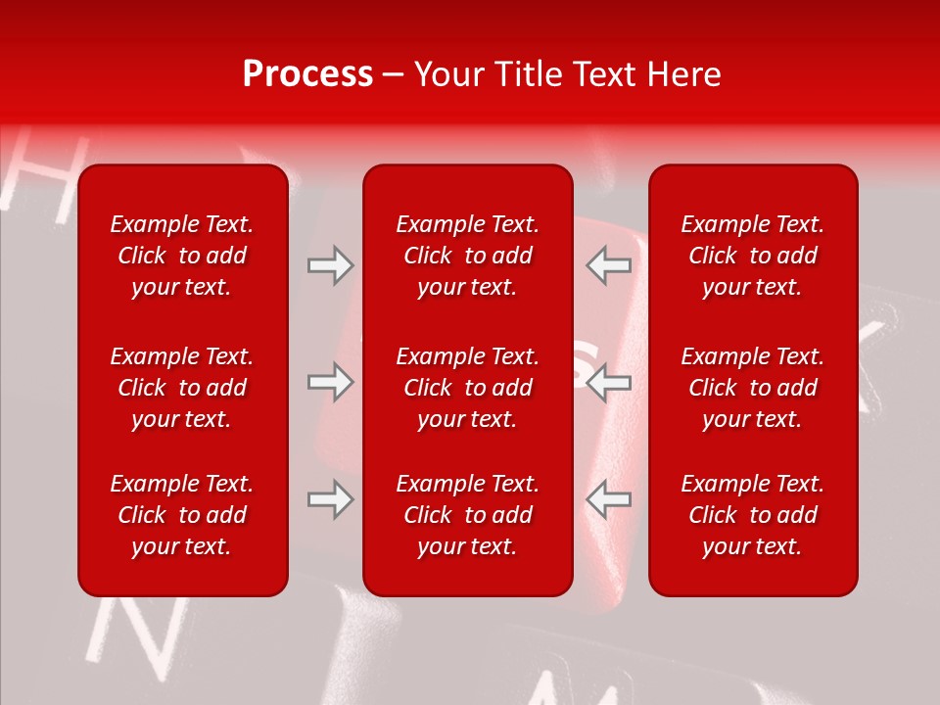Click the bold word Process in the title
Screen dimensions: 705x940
[x=307, y=74]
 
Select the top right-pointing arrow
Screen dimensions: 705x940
[x=330, y=265]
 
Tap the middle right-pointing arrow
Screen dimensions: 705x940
[x=330, y=382]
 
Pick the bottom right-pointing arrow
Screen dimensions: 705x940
[x=330, y=499]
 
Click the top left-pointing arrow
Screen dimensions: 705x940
[x=609, y=265]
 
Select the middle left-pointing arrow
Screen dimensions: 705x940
[x=609, y=382]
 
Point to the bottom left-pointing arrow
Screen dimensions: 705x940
[x=609, y=499]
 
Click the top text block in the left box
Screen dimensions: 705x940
[x=182, y=256]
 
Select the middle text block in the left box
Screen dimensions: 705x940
[x=182, y=388]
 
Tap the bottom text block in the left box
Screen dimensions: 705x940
[x=182, y=515]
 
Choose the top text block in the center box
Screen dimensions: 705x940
[x=467, y=256]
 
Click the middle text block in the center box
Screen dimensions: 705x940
[x=467, y=388]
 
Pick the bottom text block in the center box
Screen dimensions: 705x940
[x=467, y=515]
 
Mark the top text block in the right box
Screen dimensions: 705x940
[x=752, y=256]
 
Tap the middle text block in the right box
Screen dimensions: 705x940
[x=752, y=388]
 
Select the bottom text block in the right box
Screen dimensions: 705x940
[x=752, y=515]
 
